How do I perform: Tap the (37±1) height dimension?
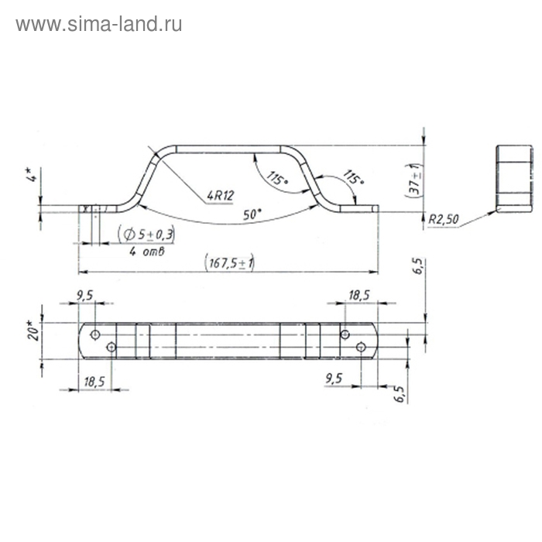[x=415, y=178]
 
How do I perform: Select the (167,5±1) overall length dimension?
[x=230, y=263]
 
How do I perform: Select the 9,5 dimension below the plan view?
[x=334, y=379]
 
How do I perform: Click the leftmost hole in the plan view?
[x=94, y=334]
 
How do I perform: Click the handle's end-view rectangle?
[x=512, y=178]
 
